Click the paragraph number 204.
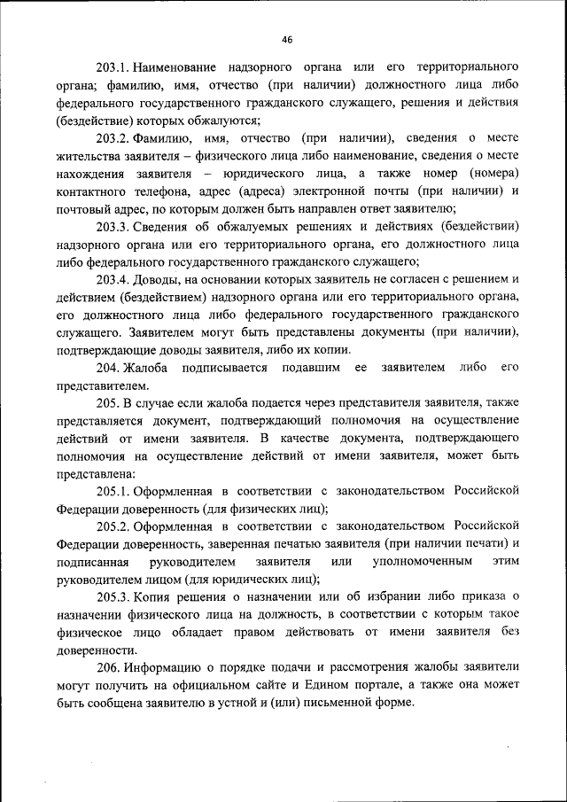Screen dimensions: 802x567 click(108, 367)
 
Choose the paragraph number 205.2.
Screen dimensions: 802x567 click(114, 526)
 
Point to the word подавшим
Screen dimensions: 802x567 click(312, 367)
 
